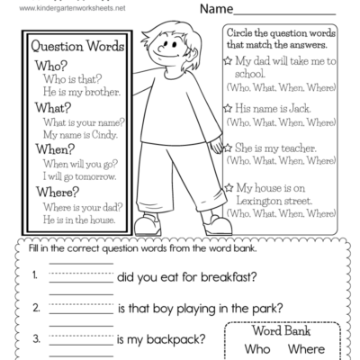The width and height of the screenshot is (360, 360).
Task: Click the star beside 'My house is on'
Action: point(229,188)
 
